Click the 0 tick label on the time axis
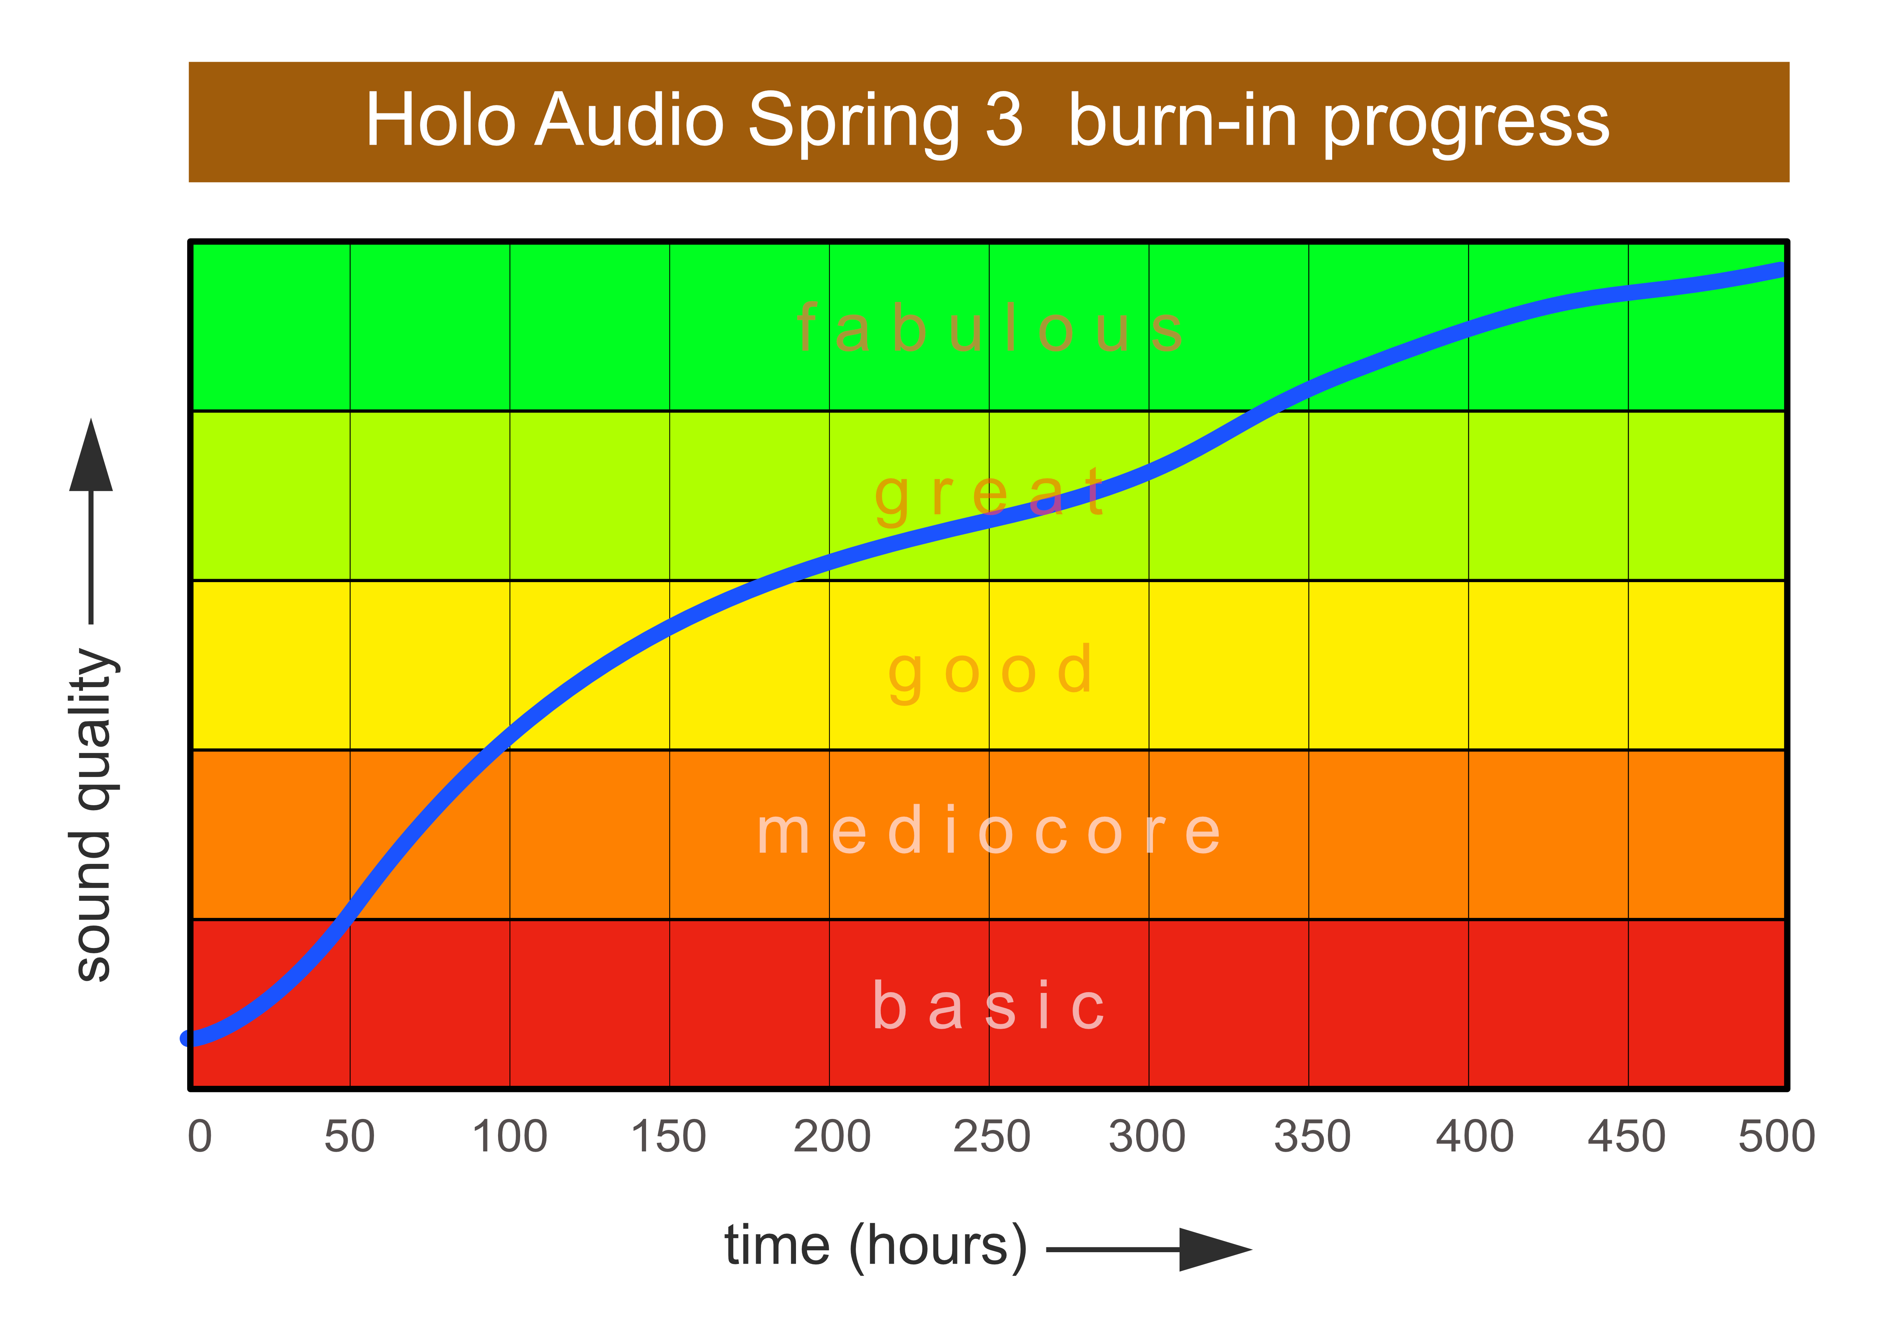click(199, 1136)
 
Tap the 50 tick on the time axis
click(350, 1136)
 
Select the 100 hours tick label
click(509, 1136)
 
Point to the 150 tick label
click(669, 1136)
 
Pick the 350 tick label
click(1312, 1136)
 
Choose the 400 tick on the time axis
click(1474, 1136)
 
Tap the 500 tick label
click(1777, 1136)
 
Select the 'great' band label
click(989, 495)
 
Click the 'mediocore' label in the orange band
click(989, 831)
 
